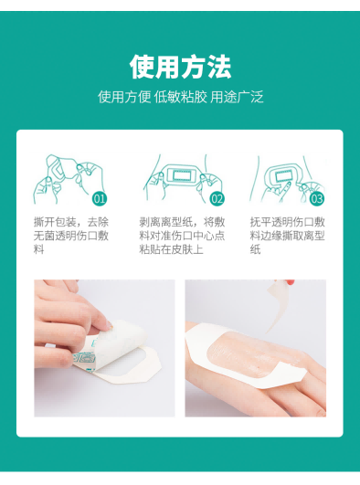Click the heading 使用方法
pos(180,67)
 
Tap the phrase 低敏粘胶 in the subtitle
pos(179,97)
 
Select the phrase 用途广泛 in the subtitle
pos(236,97)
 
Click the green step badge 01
pos(101,197)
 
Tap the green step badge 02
pos(217,197)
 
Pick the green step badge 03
pos(317,197)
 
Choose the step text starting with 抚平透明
pos(288,236)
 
